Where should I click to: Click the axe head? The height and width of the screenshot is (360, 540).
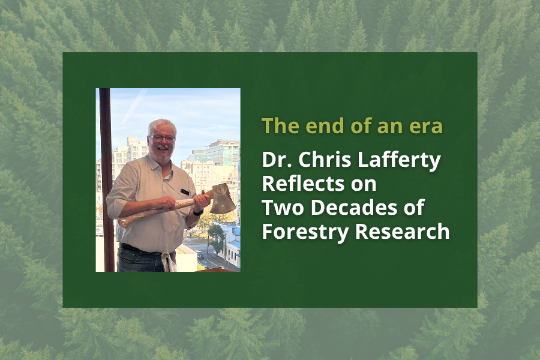[x=223, y=199]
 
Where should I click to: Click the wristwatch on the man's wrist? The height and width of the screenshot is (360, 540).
[x=198, y=212]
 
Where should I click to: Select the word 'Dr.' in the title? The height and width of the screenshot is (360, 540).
[x=275, y=161]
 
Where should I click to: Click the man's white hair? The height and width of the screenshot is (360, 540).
[x=162, y=126]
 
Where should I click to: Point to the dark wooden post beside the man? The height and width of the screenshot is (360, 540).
[x=106, y=180]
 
